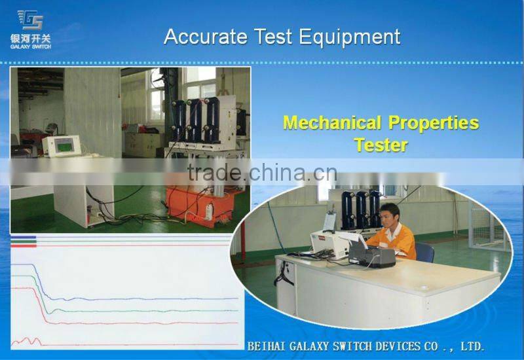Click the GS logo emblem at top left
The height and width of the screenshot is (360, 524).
click(29, 20)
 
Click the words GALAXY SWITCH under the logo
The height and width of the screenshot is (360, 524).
click(31, 46)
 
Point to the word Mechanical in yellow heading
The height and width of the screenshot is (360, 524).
click(332, 123)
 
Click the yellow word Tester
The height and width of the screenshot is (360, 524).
click(381, 145)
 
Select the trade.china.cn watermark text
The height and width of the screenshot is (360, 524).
click(261, 173)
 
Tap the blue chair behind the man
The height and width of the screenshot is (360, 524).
click(424, 252)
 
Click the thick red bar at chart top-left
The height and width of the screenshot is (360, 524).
click(23, 245)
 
